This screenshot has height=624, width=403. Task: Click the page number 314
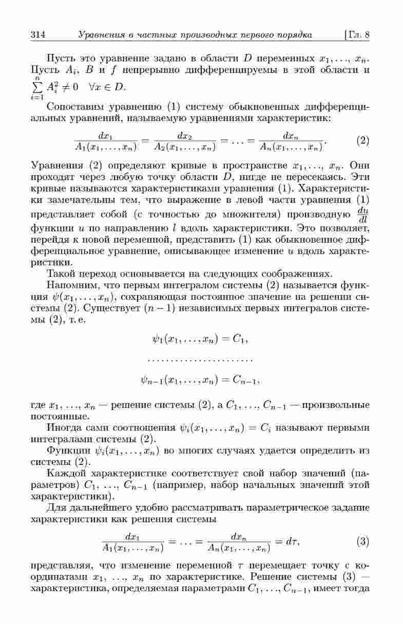[39, 35]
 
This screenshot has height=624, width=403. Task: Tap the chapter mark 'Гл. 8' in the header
[359, 35]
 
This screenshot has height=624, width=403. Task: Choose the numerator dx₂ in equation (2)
[185, 135]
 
